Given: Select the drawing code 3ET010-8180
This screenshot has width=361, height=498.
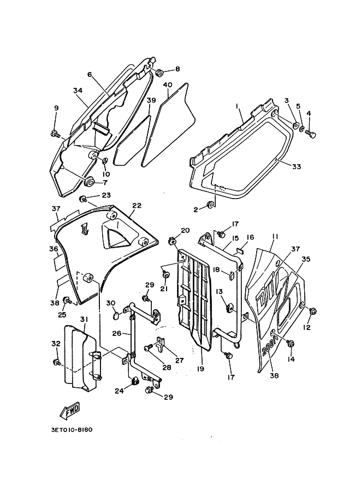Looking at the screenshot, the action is [x=71, y=430].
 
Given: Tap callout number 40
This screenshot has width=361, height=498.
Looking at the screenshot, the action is [x=168, y=85].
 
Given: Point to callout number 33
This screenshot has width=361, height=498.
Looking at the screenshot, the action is [x=297, y=166].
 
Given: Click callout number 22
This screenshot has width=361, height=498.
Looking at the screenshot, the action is [x=137, y=206].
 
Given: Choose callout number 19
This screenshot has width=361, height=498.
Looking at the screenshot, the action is [x=200, y=369].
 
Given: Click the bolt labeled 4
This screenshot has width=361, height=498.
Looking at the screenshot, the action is [x=310, y=135].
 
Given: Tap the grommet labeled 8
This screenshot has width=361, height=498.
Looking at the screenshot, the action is [x=159, y=73].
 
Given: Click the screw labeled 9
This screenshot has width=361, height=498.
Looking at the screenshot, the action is [x=55, y=134].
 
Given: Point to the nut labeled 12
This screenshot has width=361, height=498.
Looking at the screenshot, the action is [x=312, y=311].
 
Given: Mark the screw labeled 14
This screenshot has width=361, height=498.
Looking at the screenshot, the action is [x=290, y=344].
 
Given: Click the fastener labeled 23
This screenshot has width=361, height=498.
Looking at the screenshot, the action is [x=84, y=200].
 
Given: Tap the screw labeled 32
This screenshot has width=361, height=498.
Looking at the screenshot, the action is [x=57, y=362].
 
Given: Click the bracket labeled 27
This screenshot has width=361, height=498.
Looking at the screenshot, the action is [x=161, y=343].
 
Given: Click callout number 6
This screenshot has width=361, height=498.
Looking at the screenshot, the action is [x=90, y=74].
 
